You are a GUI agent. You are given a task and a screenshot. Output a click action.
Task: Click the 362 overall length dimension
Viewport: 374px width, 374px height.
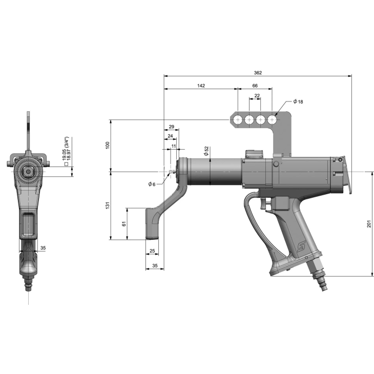point(258,73)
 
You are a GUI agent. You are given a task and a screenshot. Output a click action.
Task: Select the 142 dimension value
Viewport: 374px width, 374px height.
point(201,86)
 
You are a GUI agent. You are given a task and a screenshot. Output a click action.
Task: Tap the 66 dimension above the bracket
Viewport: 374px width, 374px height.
point(255,86)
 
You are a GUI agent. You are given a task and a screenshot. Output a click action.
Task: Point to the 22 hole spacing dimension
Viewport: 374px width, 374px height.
point(257,96)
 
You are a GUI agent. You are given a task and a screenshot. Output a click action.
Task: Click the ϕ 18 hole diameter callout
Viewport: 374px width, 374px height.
point(298,101)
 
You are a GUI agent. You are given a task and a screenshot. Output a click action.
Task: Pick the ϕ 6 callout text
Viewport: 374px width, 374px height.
point(152,184)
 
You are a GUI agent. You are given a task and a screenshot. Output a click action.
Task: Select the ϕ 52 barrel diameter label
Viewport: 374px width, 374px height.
point(206,151)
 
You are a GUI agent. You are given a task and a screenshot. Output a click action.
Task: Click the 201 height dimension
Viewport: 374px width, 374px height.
point(369,224)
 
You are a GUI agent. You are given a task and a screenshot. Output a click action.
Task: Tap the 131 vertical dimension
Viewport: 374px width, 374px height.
point(108,205)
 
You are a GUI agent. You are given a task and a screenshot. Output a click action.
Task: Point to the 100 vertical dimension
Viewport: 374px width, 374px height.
point(108,146)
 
